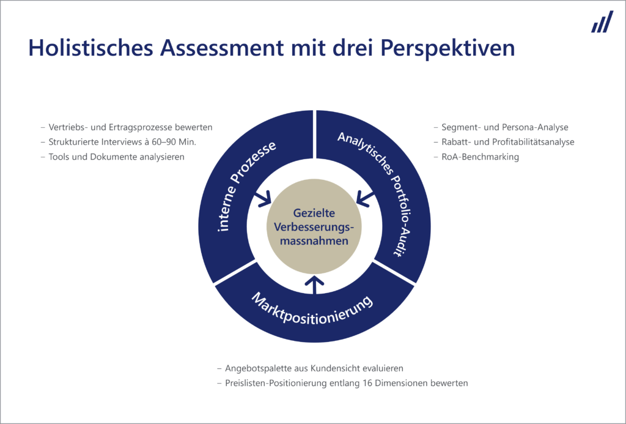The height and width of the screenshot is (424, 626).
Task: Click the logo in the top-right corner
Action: click(x=602, y=21)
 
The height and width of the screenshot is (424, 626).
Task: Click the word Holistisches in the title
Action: click(x=91, y=47)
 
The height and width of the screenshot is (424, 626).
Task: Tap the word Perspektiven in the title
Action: click(x=447, y=48)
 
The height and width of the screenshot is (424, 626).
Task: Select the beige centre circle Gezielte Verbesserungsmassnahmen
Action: click(x=314, y=226)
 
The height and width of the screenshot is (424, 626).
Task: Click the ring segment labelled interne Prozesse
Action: click(x=227, y=188)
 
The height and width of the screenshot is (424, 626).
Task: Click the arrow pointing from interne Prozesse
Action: click(x=263, y=199)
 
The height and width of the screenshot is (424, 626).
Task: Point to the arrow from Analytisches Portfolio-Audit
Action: click(x=365, y=199)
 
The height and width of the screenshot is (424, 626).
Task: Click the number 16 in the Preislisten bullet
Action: click(x=368, y=383)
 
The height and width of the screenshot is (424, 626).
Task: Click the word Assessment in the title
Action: click(x=222, y=47)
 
